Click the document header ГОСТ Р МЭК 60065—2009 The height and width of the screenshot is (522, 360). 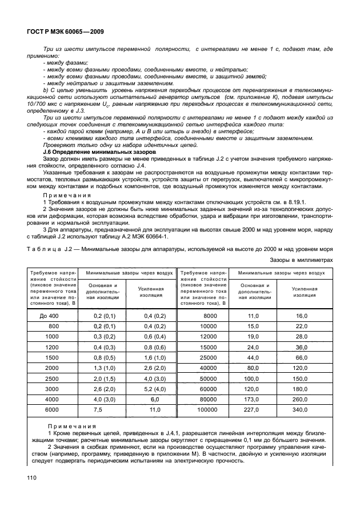pyautogui.click(x=64, y=33)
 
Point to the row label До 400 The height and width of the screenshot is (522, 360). pyautogui.click(x=50, y=316)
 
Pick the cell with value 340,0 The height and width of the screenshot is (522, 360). pyautogui.click(x=302, y=410)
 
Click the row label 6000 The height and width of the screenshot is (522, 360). pyautogui.click(x=52, y=410)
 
